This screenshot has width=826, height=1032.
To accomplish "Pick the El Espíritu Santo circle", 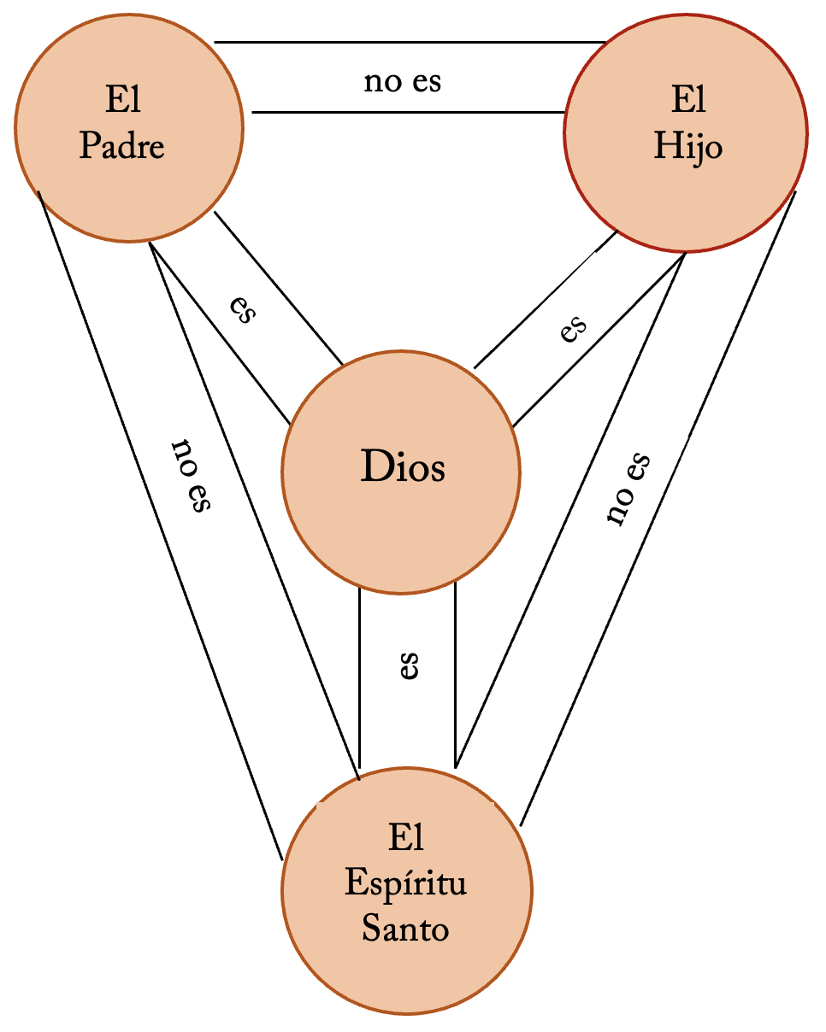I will [407, 957].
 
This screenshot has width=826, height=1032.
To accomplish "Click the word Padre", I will [122, 146].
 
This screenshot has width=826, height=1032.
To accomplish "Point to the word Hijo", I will [688, 147].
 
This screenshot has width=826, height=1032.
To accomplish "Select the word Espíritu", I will [406, 884].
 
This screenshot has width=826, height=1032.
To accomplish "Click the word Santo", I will [405, 929].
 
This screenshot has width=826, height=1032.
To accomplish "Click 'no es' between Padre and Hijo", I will [403, 83].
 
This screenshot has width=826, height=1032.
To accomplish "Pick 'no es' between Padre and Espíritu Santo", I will [191, 476].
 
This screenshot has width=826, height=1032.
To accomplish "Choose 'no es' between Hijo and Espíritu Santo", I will [628, 488].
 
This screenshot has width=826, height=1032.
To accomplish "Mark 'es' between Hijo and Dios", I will [574, 328].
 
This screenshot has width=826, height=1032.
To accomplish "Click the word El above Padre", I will [122, 102].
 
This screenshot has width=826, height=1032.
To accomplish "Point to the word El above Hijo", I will [688, 102].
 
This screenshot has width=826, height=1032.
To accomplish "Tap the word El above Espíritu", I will [406, 838].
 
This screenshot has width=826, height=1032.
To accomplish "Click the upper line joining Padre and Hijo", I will [410, 41].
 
